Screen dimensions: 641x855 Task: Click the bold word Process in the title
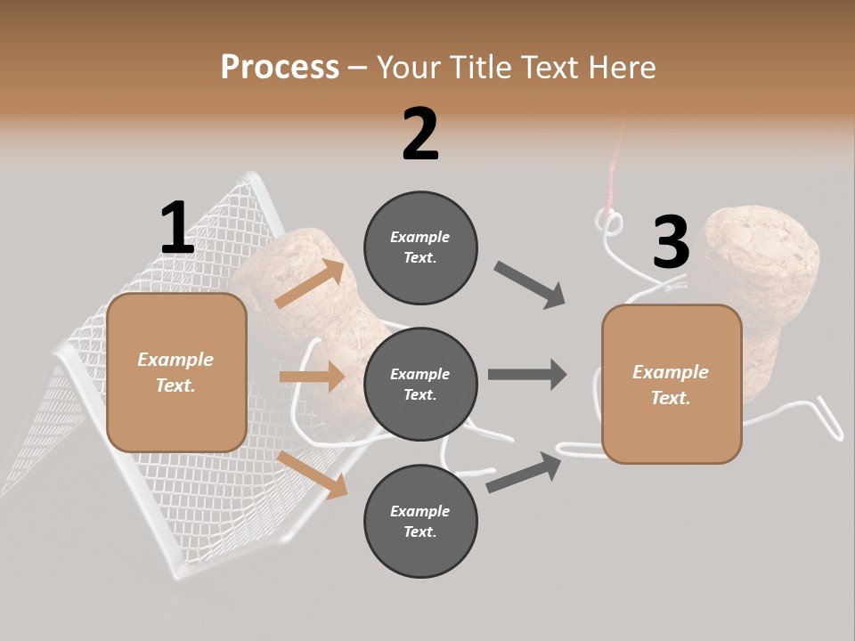point(280,67)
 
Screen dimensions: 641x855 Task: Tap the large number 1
point(177,228)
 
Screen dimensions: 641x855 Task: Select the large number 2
point(420,134)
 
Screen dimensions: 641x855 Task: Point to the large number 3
point(671,242)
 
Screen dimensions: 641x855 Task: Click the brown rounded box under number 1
point(176,372)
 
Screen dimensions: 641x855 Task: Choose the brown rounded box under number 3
point(672,385)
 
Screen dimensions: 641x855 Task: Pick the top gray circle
point(420,247)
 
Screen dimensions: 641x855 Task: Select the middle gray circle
point(420,385)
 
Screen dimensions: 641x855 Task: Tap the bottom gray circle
point(420,522)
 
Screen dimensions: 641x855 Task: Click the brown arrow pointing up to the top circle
point(310,285)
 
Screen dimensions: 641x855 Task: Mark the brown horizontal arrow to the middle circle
point(312,377)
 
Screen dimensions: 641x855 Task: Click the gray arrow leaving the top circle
point(530,285)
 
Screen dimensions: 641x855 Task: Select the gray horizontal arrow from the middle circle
point(527,374)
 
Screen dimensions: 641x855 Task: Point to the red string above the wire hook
point(612,178)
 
